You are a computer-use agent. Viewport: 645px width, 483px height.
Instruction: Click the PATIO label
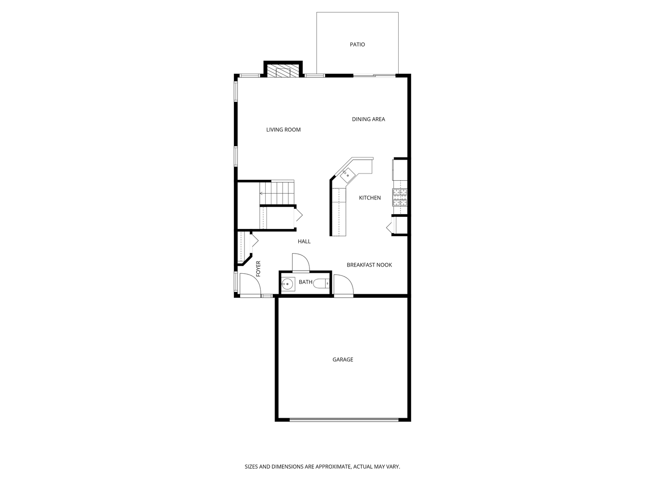357,45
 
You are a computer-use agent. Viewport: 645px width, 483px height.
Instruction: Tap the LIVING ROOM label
283,130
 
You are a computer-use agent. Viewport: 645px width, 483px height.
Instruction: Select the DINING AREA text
368,119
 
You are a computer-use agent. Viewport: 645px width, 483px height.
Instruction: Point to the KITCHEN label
370,198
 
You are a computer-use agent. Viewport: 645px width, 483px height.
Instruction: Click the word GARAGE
343,359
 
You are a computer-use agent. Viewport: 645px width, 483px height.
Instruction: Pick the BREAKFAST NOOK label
369,265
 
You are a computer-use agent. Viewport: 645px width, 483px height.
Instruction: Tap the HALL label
304,241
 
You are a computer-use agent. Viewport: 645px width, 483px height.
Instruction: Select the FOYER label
258,269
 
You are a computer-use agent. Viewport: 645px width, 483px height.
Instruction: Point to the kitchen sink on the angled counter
348,175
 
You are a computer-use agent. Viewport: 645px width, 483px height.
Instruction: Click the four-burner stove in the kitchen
400,197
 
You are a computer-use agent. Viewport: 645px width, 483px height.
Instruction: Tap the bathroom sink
287,284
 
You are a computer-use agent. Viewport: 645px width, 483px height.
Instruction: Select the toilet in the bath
321,284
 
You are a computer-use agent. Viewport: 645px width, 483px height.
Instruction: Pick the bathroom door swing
301,262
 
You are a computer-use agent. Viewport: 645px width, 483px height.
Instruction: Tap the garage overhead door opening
344,419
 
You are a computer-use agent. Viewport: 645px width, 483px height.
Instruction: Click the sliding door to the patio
374,76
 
